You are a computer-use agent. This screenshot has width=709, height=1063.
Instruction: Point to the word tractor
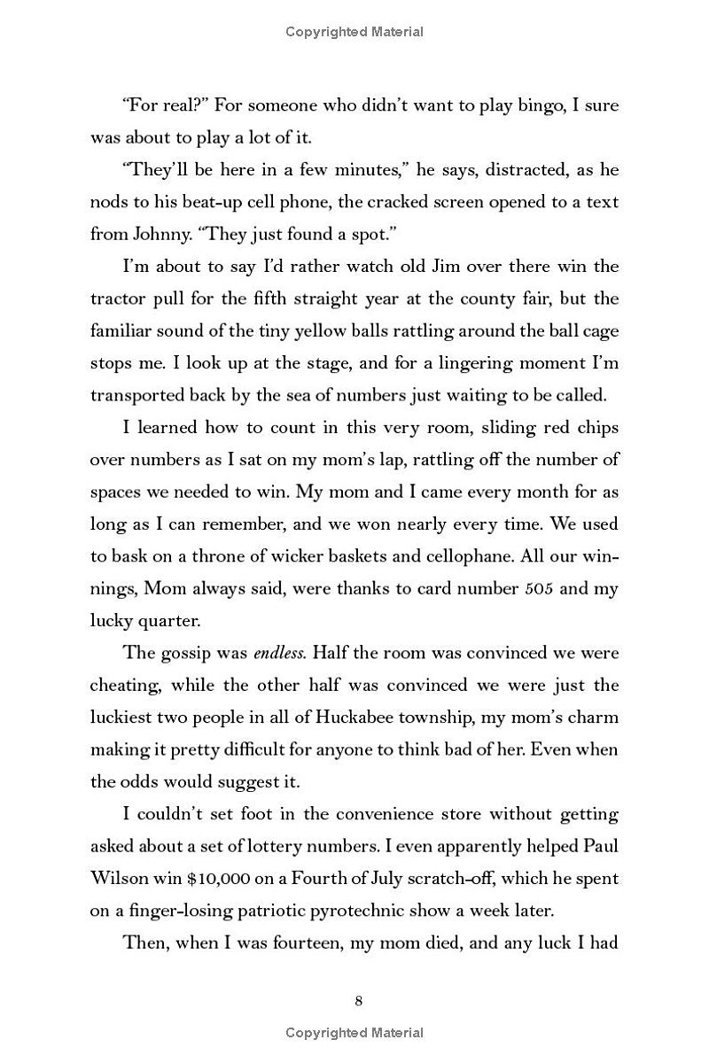[x=119, y=299]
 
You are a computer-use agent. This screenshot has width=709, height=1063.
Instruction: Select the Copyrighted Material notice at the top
[x=354, y=32]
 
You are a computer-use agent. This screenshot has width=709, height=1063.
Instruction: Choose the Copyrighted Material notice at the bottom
[x=354, y=1032]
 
